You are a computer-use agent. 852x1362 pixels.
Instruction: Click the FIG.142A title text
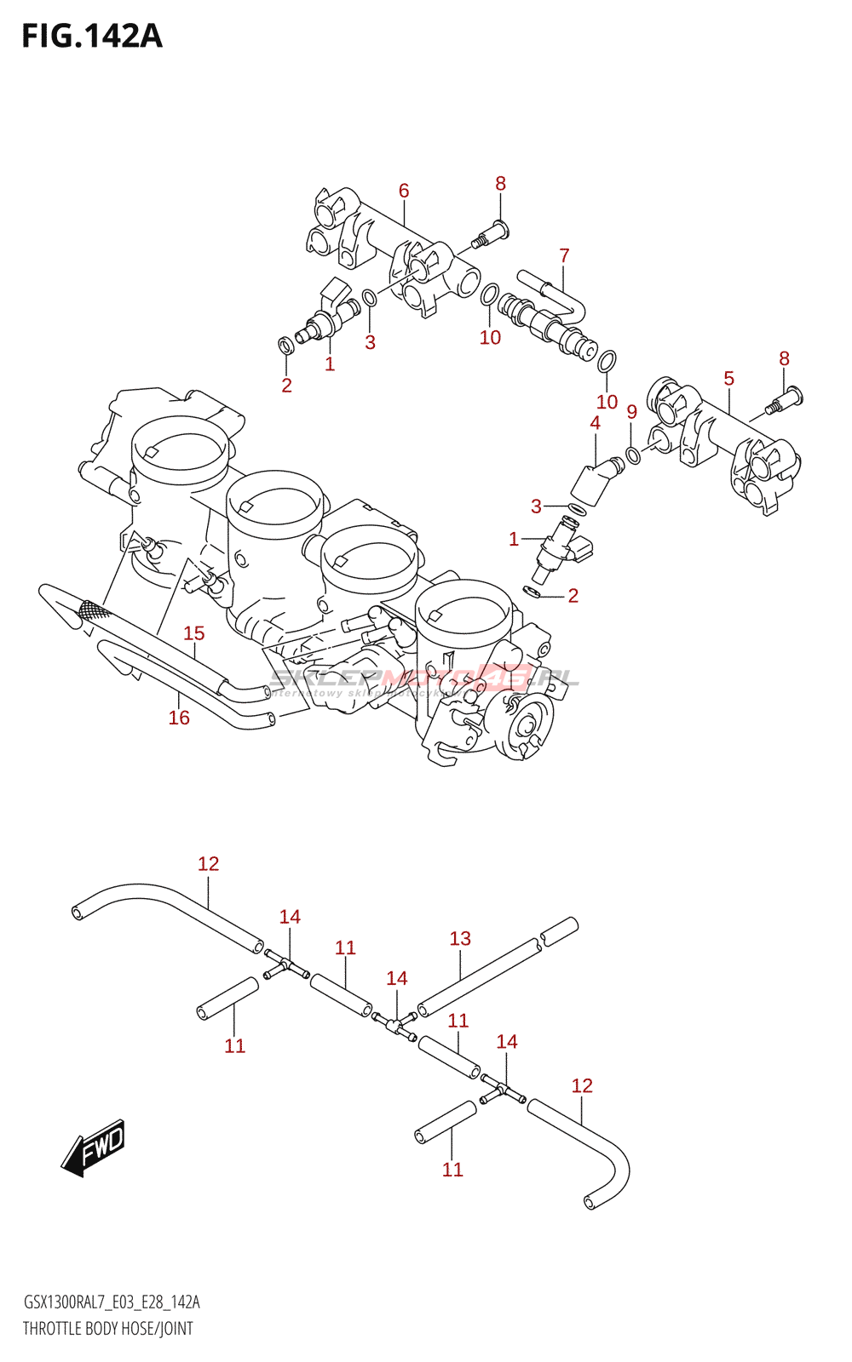click(x=92, y=36)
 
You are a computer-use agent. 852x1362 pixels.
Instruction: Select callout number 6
click(x=404, y=191)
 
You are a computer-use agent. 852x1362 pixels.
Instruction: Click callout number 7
click(x=564, y=255)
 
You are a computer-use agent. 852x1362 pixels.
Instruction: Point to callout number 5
click(x=728, y=378)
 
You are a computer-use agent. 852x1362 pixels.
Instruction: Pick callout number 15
click(x=194, y=633)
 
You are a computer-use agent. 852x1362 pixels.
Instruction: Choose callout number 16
click(x=179, y=718)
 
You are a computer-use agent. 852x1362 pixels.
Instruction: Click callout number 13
click(x=460, y=938)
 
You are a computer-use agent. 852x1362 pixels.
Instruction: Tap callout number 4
click(x=595, y=423)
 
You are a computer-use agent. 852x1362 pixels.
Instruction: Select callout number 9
click(x=631, y=412)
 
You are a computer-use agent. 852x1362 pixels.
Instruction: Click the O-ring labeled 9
click(x=633, y=455)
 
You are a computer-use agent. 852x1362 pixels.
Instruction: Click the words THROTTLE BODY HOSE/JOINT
click(x=108, y=1328)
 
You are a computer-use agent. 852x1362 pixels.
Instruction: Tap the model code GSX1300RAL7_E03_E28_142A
click(x=112, y=1302)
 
